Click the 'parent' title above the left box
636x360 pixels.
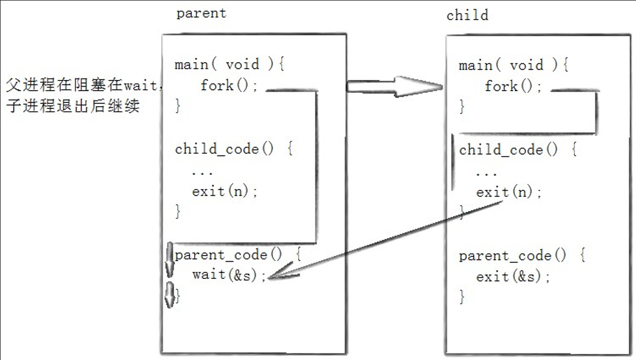coord(201,13)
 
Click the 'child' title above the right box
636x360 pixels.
coord(467,15)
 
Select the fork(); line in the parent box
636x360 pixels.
coord(229,86)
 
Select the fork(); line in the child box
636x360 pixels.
coord(513,86)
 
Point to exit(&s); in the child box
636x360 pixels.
coord(513,277)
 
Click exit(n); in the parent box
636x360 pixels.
coord(225,191)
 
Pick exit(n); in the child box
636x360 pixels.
coord(508,192)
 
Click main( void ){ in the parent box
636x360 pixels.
coord(229,64)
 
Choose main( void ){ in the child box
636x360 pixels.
coord(513,65)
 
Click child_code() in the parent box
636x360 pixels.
coord(224,149)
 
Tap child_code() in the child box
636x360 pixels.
coord(508,150)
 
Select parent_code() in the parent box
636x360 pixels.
coord(228,255)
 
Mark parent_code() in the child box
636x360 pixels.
coord(512,256)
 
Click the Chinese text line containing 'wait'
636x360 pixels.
coord(84,85)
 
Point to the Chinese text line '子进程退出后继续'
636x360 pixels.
coord(73,106)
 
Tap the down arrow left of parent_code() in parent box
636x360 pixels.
coord(170,259)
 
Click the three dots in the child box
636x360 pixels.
coord(486,174)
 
